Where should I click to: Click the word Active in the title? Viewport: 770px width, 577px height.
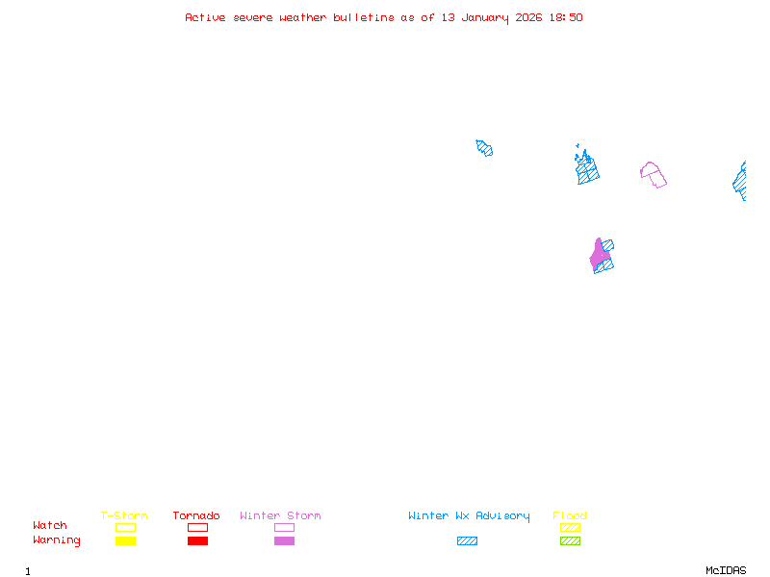[x=205, y=17]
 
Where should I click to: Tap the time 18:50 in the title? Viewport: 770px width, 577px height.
[x=566, y=17]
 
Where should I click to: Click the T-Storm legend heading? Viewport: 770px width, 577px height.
[x=124, y=516]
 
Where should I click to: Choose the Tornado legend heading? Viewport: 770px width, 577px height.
[x=196, y=516]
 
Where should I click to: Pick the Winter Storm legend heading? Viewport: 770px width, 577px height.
[x=280, y=516]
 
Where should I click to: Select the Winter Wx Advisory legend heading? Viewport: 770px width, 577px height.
[x=469, y=516]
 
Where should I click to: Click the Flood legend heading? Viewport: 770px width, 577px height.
[x=570, y=516]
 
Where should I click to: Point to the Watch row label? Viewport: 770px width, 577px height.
[x=50, y=526]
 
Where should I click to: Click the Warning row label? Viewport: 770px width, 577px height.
[x=57, y=540]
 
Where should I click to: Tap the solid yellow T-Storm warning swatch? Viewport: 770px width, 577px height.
[x=125, y=541]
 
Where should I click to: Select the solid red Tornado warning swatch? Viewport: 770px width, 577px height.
[x=197, y=541]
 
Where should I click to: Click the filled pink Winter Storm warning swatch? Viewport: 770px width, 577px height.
[x=284, y=541]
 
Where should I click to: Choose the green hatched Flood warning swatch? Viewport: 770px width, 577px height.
[x=570, y=541]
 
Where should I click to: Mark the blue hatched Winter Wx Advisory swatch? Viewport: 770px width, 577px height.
[x=467, y=541]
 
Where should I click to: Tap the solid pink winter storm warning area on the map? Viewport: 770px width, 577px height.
[x=598, y=256]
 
